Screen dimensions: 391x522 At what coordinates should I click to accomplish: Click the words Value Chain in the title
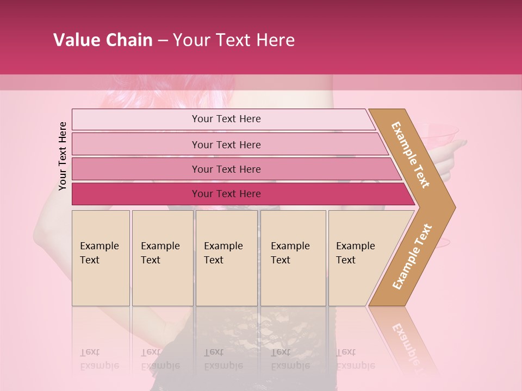click(103, 40)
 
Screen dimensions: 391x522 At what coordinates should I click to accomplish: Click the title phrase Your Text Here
click(234, 40)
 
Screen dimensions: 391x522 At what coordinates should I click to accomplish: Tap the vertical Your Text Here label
click(63, 156)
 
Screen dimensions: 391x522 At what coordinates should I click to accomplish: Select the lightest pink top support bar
click(136, 119)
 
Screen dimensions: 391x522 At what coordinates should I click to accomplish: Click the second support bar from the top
click(136, 144)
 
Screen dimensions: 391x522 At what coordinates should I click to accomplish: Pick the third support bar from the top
click(136, 169)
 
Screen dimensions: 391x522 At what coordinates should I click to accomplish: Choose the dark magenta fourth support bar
click(136, 194)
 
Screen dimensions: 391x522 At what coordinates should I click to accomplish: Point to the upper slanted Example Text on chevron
click(411, 155)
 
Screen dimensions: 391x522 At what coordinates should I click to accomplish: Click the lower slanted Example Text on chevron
click(412, 256)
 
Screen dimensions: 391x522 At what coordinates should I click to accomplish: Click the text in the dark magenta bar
click(226, 194)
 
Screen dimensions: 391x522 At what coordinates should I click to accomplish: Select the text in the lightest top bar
click(226, 119)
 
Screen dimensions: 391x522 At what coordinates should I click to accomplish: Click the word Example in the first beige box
click(99, 246)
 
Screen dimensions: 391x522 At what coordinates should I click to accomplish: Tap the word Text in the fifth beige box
click(346, 260)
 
